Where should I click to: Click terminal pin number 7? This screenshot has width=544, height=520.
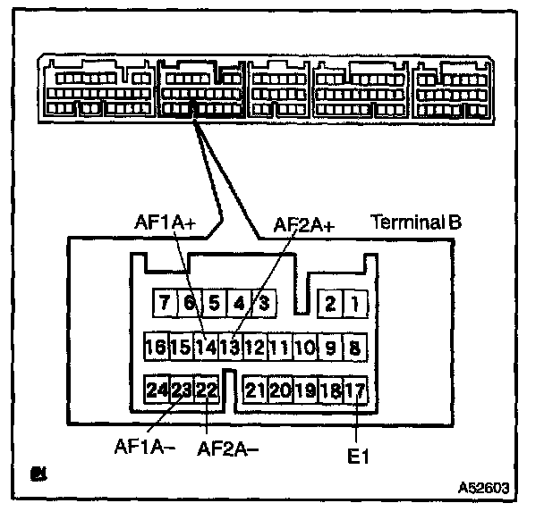point(165,304)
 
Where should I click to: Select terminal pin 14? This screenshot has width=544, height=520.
point(206,346)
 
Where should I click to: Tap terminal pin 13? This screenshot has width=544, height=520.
point(229,346)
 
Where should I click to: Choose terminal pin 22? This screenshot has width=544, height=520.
point(207,390)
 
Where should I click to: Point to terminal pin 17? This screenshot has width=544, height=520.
point(355,390)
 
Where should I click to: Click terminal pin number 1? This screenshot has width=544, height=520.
point(355,304)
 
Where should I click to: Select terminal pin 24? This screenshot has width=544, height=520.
point(157,390)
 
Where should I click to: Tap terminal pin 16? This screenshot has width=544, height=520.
point(155,346)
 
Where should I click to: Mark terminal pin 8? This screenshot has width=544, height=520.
point(355,346)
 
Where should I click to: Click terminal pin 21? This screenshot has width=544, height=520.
point(256,390)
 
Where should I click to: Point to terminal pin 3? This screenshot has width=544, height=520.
point(264,304)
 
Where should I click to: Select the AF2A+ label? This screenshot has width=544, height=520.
point(304,225)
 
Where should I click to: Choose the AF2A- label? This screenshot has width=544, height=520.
point(227,447)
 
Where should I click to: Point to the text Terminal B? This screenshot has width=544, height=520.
point(417,222)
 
